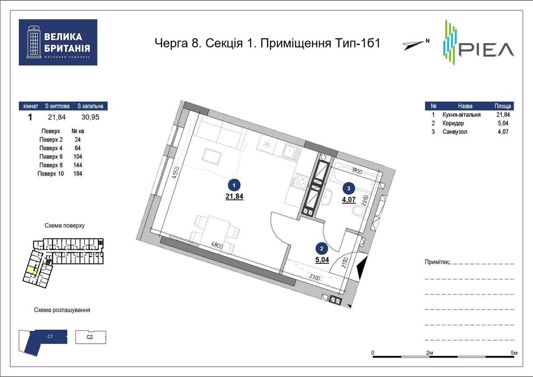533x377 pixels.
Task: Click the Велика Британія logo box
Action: pyautogui.click(x=58, y=43)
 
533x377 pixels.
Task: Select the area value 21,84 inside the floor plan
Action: pyautogui.click(x=234, y=197)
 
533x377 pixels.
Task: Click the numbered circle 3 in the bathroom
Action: pyautogui.click(x=349, y=188)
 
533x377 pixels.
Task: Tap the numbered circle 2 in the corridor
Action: pyautogui.click(x=321, y=249)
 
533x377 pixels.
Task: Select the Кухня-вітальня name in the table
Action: pyautogui.click(x=461, y=115)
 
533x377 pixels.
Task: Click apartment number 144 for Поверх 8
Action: pyautogui.click(x=78, y=165)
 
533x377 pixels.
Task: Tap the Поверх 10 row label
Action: pyautogui.click(x=51, y=174)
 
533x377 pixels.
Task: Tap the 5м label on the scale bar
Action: pyautogui.click(x=514, y=352)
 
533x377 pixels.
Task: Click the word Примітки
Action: pyautogui.click(x=437, y=262)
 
